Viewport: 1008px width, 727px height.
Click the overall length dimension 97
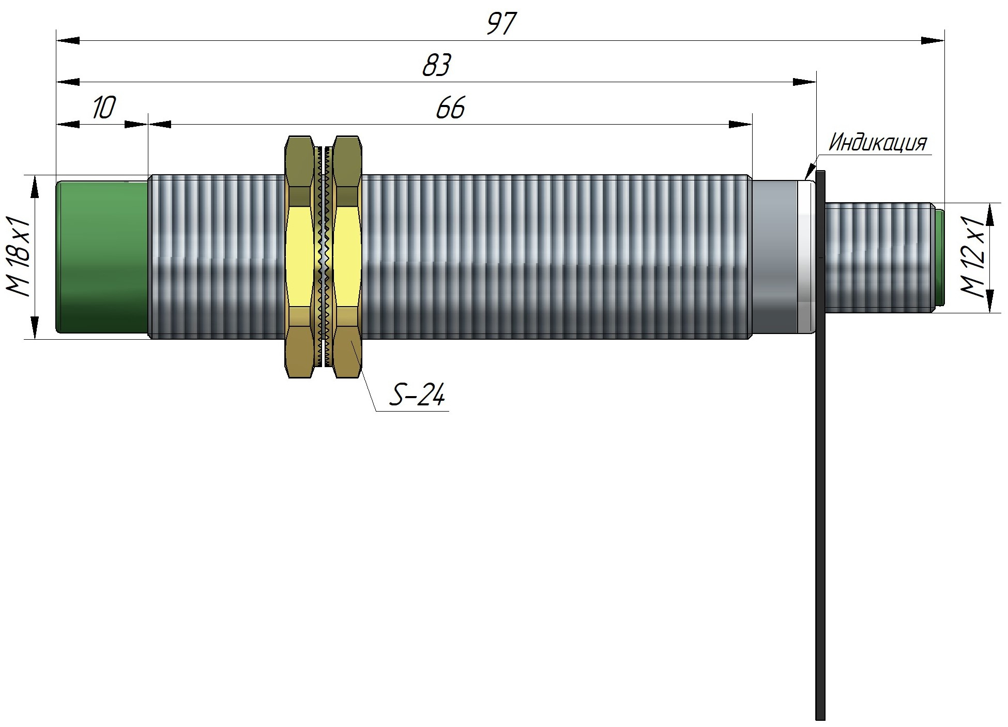[501, 24]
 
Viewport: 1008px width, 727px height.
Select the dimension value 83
[437, 66]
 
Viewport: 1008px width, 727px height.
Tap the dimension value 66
[450, 108]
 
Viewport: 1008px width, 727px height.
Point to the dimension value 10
[104, 108]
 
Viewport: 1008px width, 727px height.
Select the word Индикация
[877, 143]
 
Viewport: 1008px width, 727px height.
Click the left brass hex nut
[299, 257]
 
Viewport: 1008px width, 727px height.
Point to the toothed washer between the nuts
[324, 257]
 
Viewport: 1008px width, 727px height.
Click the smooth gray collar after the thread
[774, 257]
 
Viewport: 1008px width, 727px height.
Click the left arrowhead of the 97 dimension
[67, 40]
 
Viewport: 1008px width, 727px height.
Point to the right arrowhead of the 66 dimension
[741, 124]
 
